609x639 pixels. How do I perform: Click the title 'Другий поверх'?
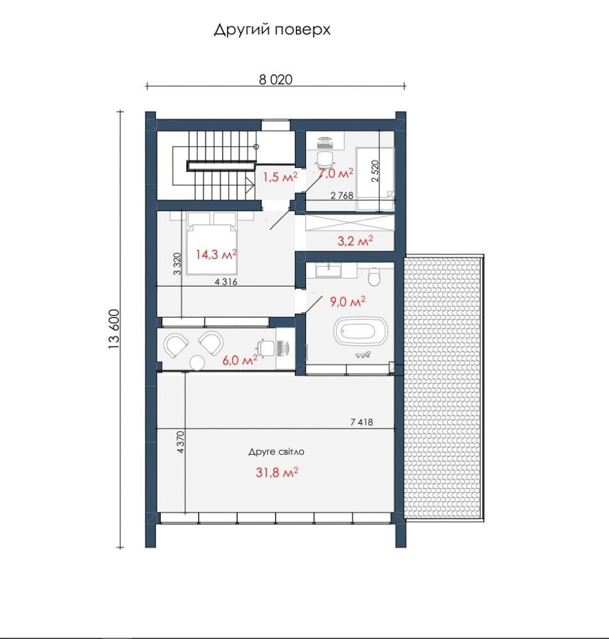(x=272, y=30)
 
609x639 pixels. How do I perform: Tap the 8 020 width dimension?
(x=276, y=79)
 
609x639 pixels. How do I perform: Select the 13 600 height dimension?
(x=114, y=329)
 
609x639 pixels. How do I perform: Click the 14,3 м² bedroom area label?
(x=216, y=255)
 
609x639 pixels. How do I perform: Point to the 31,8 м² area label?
(x=276, y=472)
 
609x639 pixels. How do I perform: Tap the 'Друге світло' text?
(x=276, y=452)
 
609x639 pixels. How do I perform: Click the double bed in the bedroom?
(x=212, y=243)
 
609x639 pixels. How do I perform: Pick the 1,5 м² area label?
(x=280, y=177)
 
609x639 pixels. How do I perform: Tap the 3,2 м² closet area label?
(x=355, y=241)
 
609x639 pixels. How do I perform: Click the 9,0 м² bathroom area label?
(x=347, y=302)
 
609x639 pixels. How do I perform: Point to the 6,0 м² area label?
(x=240, y=360)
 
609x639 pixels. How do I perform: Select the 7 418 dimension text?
(x=362, y=422)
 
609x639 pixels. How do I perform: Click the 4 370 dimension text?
(x=181, y=442)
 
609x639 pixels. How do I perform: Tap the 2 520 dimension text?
(x=375, y=171)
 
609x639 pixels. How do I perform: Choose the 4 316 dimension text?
(x=226, y=282)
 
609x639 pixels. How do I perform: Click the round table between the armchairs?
(x=197, y=362)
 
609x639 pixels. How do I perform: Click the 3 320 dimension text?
(x=177, y=264)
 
